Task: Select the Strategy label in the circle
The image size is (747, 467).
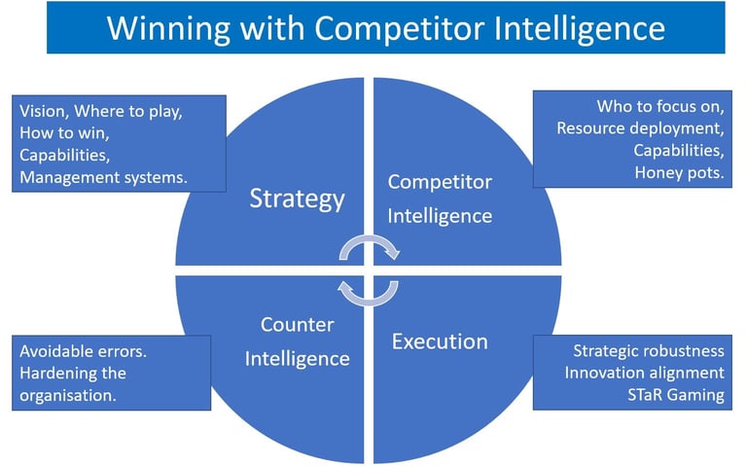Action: (297, 198)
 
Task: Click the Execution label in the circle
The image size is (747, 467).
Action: (440, 341)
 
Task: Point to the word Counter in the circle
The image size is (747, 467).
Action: (297, 324)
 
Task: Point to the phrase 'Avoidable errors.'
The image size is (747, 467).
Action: (84, 350)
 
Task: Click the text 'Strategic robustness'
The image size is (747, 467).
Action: (649, 350)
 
